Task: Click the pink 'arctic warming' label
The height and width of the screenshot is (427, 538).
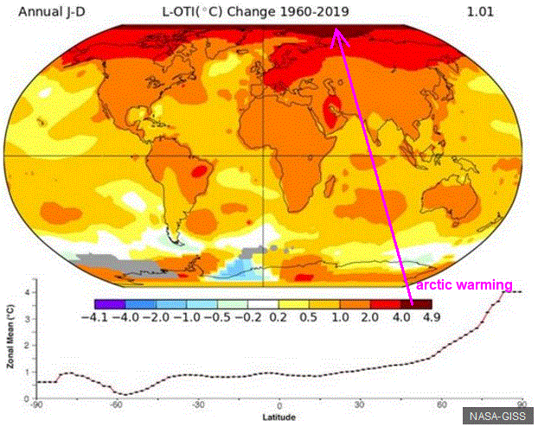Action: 464,285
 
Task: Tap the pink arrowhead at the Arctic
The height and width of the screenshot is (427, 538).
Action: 337,36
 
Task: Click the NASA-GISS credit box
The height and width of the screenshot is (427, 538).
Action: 497,416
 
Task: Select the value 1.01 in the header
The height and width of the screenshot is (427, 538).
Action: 480,12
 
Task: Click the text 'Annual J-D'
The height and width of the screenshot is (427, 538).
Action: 52,12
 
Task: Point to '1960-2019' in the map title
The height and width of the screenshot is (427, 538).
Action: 314,11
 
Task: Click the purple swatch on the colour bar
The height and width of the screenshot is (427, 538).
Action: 110,304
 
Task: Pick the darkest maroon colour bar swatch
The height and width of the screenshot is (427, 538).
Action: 416,304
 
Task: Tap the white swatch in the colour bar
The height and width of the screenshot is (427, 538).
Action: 263,304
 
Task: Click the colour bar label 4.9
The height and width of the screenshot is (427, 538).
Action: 432,317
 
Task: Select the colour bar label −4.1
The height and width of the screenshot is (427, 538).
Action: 94,317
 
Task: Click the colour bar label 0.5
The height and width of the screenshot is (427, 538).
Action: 308,317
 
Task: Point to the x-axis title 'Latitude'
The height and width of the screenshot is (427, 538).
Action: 279,417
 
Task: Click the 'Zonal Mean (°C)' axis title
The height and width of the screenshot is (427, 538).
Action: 11,336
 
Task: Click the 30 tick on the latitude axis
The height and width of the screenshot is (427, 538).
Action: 359,405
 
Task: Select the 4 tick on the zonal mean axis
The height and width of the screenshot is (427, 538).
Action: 29,292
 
